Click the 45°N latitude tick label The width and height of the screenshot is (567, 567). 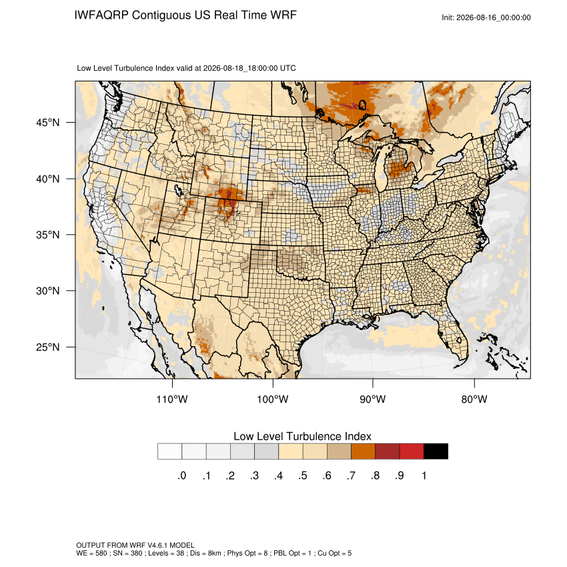click(48, 123)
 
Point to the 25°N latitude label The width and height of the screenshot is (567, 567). click(48, 347)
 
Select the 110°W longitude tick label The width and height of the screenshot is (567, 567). click(172, 399)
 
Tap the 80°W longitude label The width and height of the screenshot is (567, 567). click(474, 399)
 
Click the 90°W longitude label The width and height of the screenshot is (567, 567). click(372, 399)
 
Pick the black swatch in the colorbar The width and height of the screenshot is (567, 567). click(436, 452)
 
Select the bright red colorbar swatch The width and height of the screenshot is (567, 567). click(412, 452)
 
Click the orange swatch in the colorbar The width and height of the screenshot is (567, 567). click(363, 452)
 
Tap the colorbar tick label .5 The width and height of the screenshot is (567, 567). click(303, 476)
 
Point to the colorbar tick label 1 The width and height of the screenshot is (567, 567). click(424, 476)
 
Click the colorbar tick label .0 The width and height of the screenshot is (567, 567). click(182, 476)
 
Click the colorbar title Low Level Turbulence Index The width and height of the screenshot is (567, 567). click(302, 436)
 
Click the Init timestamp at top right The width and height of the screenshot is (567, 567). click(486, 17)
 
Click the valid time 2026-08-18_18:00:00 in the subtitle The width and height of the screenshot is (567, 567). click(240, 68)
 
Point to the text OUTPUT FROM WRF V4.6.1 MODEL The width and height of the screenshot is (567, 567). click(135, 545)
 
